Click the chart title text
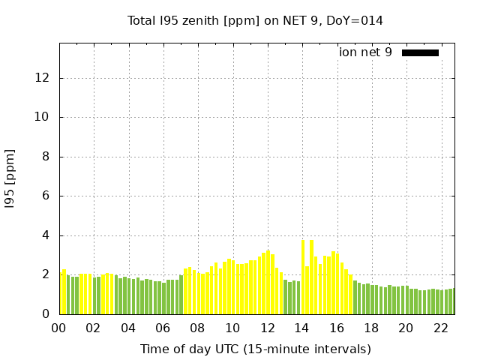pyautogui.click(x=255, y=21)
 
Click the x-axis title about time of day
pyautogui.click(x=255, y=349)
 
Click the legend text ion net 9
pyautogui.click(x=365, y=52)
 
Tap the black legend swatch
pyautogui.click(x=420, y=52)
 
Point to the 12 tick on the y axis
pyautogui.click(x=43, y=78)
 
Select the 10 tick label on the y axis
pyautogui.click(x=43, y=117)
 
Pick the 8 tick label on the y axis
pyautogui.click(x=46, y=157)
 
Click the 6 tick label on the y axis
pyautogui.click(x=46, y=196)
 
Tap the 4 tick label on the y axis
pyautogui.click(x=46, y=235)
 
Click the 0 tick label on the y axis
pyautogui.click(x=46, y=314)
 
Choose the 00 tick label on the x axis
pyautogui.click(x=59, y=328)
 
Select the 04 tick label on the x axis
pyautogui.click(x=128, y=328)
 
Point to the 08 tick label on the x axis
pyautogui.click(x=198, y=328)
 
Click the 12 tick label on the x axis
pyautogui.click(x=267, y=328)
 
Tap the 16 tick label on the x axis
pyautogui.click(x=337, y=328)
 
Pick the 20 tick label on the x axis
pyautogui.click(x=406, y=328)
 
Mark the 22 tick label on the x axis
pyautogui.click(x=440, y=328)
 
